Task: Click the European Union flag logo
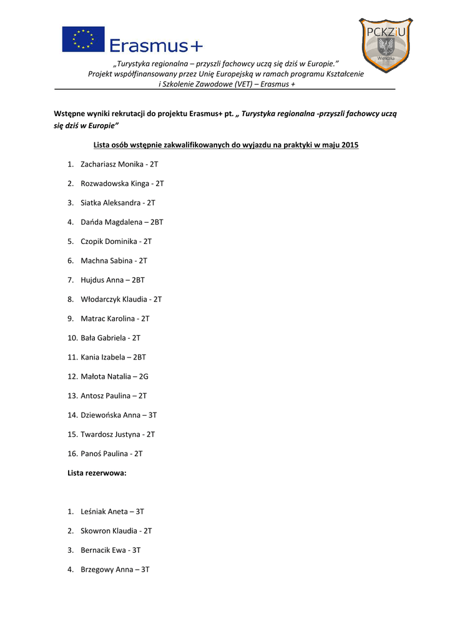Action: (83, 39)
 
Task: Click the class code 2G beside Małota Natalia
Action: (144, 377)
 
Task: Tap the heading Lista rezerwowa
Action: (97, 473)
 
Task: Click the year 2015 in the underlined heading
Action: (350, 145)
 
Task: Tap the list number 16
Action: (72, 454)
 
